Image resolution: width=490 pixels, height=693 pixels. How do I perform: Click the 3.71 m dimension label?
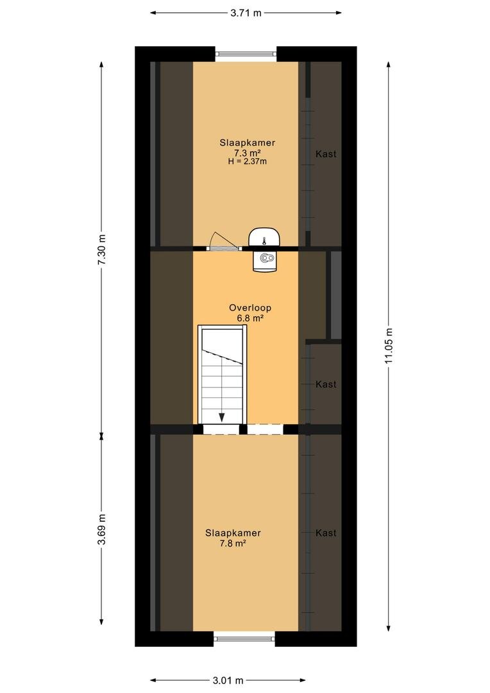click(246, 13)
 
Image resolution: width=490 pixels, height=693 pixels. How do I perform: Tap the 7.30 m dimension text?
click(102, 249)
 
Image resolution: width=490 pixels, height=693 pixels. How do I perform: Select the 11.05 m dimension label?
click(389, 346)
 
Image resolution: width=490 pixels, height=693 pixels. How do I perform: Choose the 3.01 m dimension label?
click(228, 680)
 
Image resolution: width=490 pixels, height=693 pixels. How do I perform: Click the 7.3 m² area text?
click(247, 153)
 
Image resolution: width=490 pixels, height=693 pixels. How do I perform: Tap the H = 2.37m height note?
click(248, 161)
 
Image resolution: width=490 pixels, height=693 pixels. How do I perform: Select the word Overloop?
click(250, 307)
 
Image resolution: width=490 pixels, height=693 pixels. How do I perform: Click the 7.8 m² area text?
click(232, 543)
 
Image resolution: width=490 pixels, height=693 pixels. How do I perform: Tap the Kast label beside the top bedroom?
click(326, 154)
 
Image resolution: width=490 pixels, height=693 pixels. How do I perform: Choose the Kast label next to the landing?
click(326, 384)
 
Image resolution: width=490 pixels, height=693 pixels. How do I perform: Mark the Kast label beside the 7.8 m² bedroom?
click(326, 533)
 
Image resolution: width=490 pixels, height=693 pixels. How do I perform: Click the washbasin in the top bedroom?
click(264, 237)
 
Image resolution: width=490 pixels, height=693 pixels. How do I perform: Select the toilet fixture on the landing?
click(265, 260)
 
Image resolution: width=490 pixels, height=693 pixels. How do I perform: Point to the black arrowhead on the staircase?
click(221, 417)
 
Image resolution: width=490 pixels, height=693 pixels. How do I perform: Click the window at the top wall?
click(246, 54)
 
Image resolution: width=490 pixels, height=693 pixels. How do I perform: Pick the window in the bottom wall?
click(244, 638)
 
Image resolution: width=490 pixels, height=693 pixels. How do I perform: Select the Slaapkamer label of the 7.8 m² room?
click(233, 533)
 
